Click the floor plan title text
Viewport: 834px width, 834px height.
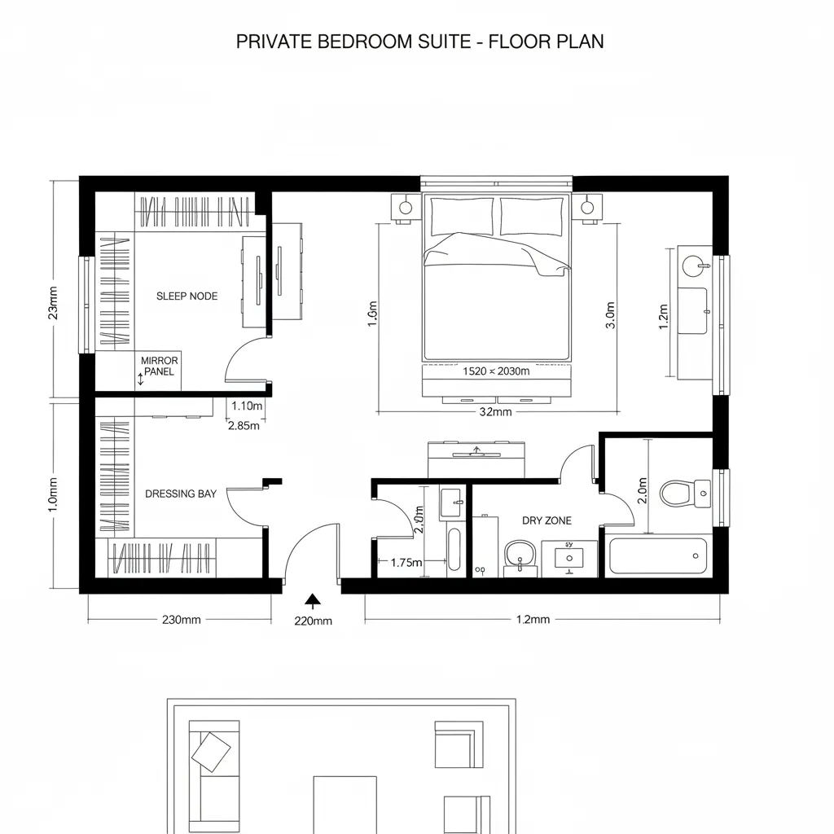(419, 42)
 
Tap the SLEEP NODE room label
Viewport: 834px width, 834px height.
(187, 296)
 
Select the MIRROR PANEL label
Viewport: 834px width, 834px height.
(159, 366)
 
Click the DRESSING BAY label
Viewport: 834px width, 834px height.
(181, 494)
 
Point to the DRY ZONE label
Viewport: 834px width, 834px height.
(546, 520)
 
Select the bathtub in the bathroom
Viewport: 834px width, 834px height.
(657, 556)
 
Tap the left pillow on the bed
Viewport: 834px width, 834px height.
(462, 216)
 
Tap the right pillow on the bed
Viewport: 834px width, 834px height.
(532, 216)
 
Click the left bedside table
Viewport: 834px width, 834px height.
(405, 208)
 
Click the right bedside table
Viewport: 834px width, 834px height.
(586, 208)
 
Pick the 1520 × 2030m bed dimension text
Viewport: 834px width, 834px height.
(495, 371)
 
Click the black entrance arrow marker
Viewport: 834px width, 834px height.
(312, 601)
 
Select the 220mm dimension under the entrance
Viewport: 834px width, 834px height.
(312, 621)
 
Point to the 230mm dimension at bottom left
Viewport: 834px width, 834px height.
(181, 620)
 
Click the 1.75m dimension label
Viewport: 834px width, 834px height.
(406, 562)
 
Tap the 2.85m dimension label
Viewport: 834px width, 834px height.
(244, 424)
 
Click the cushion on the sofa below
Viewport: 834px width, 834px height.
(211, 752)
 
